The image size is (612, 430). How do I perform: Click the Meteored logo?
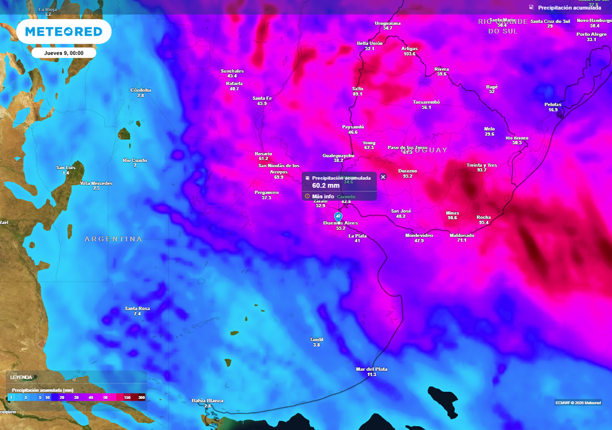(63, 31)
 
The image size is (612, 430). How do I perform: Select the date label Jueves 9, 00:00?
(63, 53)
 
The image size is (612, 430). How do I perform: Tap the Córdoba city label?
(140, 90)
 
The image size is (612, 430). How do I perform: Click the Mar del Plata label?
(371, 369)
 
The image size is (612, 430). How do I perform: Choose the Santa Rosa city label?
(137, 308)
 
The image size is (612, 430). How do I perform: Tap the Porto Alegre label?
(591, 34)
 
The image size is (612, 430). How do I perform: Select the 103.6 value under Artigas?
(409, 54)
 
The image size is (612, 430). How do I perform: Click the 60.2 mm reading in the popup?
(326, 186)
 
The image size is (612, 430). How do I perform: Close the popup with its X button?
(383, 176)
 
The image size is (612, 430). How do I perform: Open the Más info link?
(323, 196)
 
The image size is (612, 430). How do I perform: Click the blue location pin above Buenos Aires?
(338, 216)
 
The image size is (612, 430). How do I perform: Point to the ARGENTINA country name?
(114, 239)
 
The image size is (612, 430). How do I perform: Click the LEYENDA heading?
(21, 377)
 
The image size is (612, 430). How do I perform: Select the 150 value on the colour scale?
(127, 397)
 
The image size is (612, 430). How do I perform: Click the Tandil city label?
(317, 339)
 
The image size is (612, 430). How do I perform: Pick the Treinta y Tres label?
(482, 165)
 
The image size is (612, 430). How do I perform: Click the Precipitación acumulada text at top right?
(569, 8)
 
